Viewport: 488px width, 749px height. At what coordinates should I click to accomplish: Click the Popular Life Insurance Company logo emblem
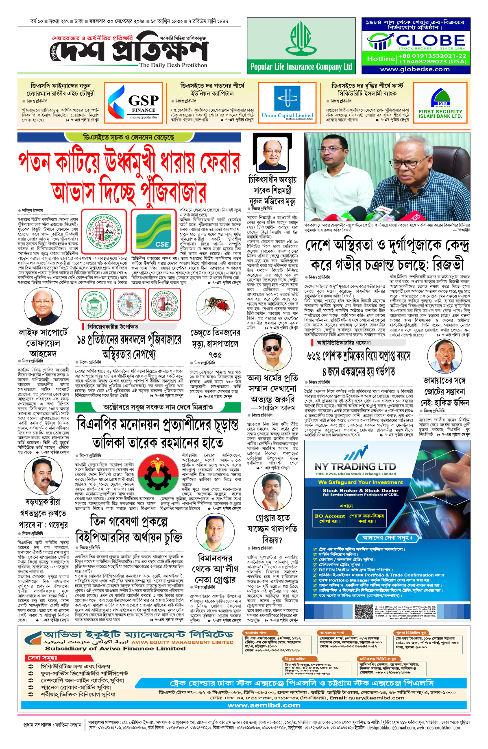click(301, 39)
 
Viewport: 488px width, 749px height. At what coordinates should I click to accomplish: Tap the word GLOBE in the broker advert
click(430, 40)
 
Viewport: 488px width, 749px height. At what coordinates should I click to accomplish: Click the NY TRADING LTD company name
click(355, 467)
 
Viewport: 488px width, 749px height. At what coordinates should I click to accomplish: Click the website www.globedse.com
click(415, 69)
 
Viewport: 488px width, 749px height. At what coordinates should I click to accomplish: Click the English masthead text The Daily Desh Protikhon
click(173, 65)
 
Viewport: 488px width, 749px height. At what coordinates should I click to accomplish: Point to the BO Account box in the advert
click(329, 518)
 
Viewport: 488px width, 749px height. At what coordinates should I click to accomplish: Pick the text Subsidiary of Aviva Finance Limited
click(115, 649)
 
